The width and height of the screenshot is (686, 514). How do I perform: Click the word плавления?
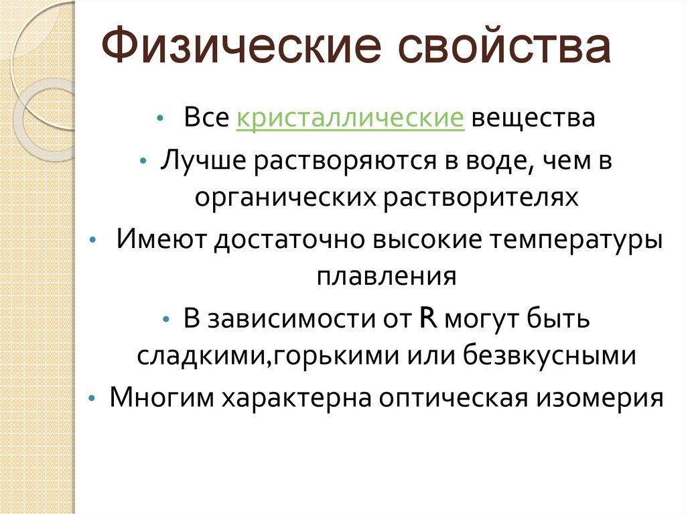tap(387, 276)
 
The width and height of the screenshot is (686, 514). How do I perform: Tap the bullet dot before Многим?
tap(92, 398)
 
